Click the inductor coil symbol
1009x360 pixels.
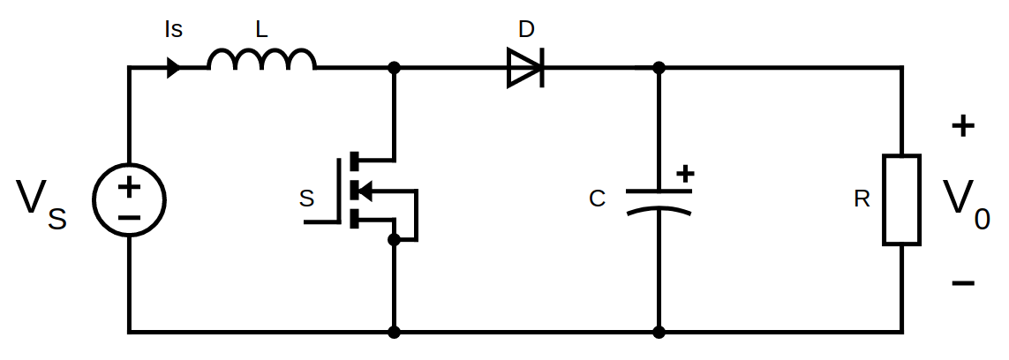(261, 59)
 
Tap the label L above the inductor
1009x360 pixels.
(260, 29)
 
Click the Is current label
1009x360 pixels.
(174, 29)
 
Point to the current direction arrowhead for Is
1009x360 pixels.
(174, 68)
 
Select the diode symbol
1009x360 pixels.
(525, 68)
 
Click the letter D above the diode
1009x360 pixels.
(526, 29)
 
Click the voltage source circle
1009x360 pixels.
(129, 199)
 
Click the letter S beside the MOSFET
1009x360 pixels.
(306, 199)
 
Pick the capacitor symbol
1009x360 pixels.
(659, 201)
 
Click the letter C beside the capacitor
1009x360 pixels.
(598, 199)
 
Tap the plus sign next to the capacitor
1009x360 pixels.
(685, 174)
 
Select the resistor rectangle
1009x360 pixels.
(901, 199)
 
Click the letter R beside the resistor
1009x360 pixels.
(862, 199)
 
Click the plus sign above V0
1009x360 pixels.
(963, 126)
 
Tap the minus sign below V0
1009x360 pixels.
(963, 283)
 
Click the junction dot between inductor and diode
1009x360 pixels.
(394, 68)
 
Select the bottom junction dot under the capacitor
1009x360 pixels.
(659, 332)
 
